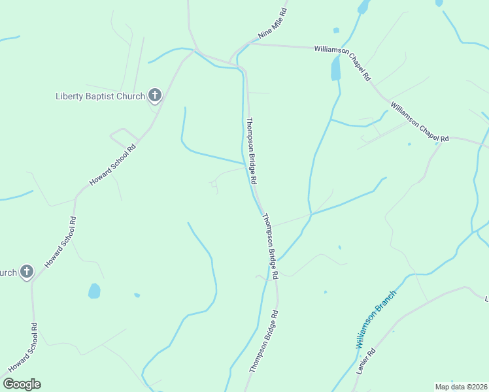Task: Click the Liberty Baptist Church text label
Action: [99, 97]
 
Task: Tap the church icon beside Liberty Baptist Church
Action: [155, 96]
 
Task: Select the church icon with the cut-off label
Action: [26, 272]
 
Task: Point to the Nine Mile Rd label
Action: [273, 23]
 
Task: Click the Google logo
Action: [22, 384]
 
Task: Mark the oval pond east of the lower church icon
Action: [95, 291]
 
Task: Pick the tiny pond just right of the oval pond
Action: [137, 295]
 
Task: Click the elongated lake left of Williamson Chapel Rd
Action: [336, 67]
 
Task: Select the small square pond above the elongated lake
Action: [336, 30]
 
